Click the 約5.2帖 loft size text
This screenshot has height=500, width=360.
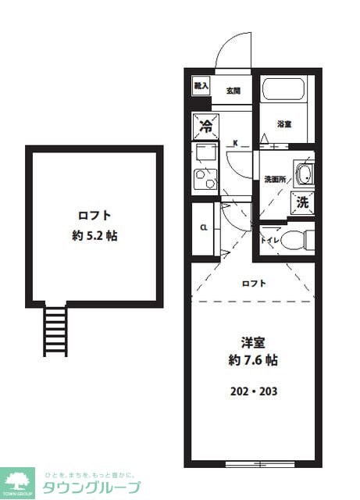pos(94,235)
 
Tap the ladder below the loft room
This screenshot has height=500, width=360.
pos(55,330)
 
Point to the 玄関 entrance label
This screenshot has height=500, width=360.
pos(233,91)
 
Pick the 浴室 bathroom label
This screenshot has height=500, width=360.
pos(284,123)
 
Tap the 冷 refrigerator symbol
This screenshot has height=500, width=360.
pos(206,125)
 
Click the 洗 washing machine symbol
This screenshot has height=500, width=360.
pos(303,202)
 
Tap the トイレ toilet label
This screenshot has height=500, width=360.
pos(270,241)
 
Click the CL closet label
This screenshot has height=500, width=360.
pos(203,229)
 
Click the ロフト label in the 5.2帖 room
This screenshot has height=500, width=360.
pos(94,215)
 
